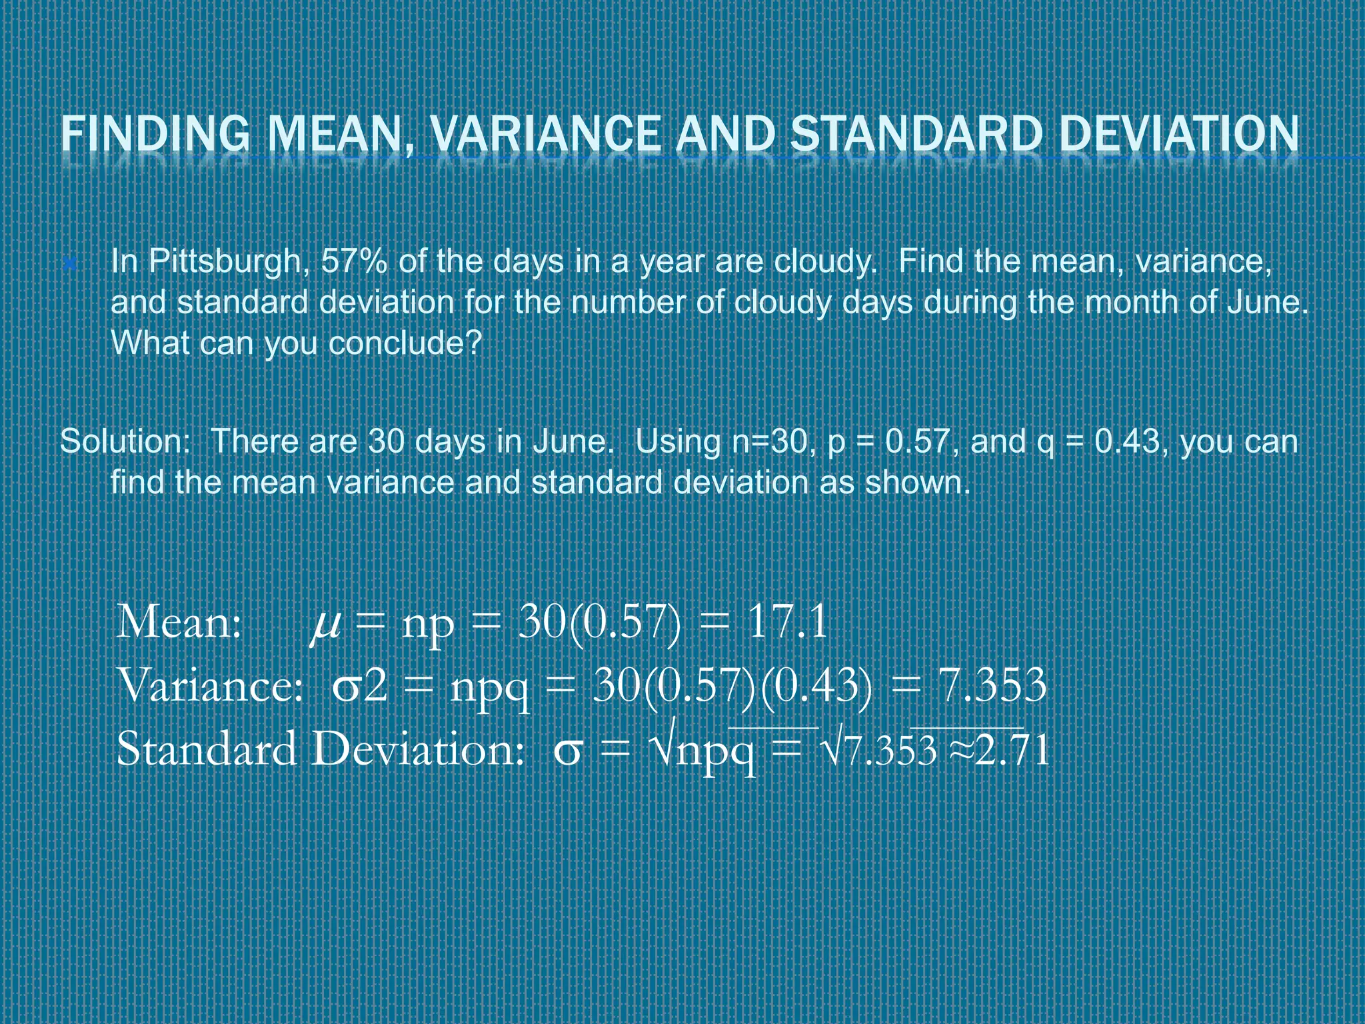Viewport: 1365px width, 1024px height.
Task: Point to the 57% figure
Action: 354,261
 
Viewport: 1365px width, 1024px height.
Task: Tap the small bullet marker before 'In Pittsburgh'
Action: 69,264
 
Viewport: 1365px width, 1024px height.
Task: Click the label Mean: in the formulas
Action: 179,623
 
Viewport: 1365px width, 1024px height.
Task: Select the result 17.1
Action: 787,623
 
